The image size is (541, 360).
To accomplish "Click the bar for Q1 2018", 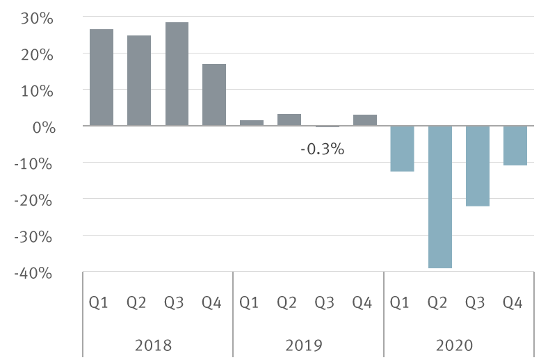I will click(x=102, y=77).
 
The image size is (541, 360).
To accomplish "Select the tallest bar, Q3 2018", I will click(x=177, y=74).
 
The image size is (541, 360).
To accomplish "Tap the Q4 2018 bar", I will click(x=214, y=95).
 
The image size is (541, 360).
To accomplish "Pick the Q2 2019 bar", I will click(x=289, y=120).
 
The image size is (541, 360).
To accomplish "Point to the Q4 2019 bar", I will click(x=364, y=120).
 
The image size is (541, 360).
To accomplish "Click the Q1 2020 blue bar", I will click(x=402, y=148).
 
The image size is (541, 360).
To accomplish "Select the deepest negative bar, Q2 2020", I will click(x=439, y=197).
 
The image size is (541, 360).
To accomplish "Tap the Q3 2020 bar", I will click(x=477, y=165).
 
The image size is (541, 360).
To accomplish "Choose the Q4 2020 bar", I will click(x=515, y=145).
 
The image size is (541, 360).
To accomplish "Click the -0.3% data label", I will click(x=322, y=149).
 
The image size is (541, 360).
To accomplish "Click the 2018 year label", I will click(x=154, y=345).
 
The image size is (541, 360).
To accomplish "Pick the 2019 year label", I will click(x=305, y=345).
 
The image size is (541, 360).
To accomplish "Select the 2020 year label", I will click(x=455, y=345).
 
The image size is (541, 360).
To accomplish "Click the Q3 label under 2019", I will click(x=324, y=302).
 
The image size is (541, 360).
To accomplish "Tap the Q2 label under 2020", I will click(x=437, y=302).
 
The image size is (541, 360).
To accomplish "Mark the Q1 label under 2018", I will click(x=99, y=302).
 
